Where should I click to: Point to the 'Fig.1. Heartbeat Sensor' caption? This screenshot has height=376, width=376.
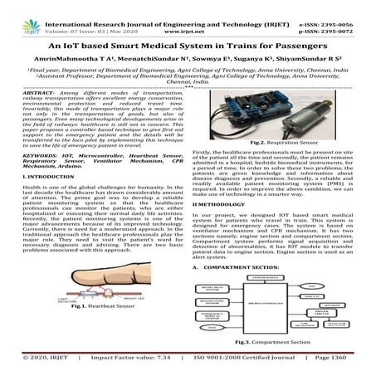92,330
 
